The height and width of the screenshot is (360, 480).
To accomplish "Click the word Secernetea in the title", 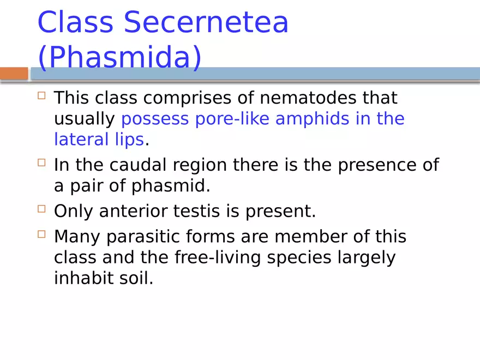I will click(x=206, y=23).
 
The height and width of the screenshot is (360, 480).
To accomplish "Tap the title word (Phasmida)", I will click(x=119, y=58).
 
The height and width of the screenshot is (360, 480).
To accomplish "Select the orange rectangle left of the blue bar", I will click(x=14, y=74).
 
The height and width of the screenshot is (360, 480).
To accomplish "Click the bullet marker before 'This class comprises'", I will click(x=42, y=96).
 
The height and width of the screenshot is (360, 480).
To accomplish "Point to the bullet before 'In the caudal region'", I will click(x=42, y=163).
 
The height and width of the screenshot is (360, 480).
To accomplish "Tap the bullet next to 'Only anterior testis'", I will click(x=42, y=209).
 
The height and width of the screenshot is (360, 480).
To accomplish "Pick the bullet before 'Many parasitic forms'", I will click(x=42, y=235).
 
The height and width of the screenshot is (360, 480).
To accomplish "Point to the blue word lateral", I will click(x=81, y=140).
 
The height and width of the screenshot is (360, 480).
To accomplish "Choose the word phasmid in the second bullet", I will click(x=170, y=186).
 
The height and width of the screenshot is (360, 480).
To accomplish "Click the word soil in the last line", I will click(x=139, y=278).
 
